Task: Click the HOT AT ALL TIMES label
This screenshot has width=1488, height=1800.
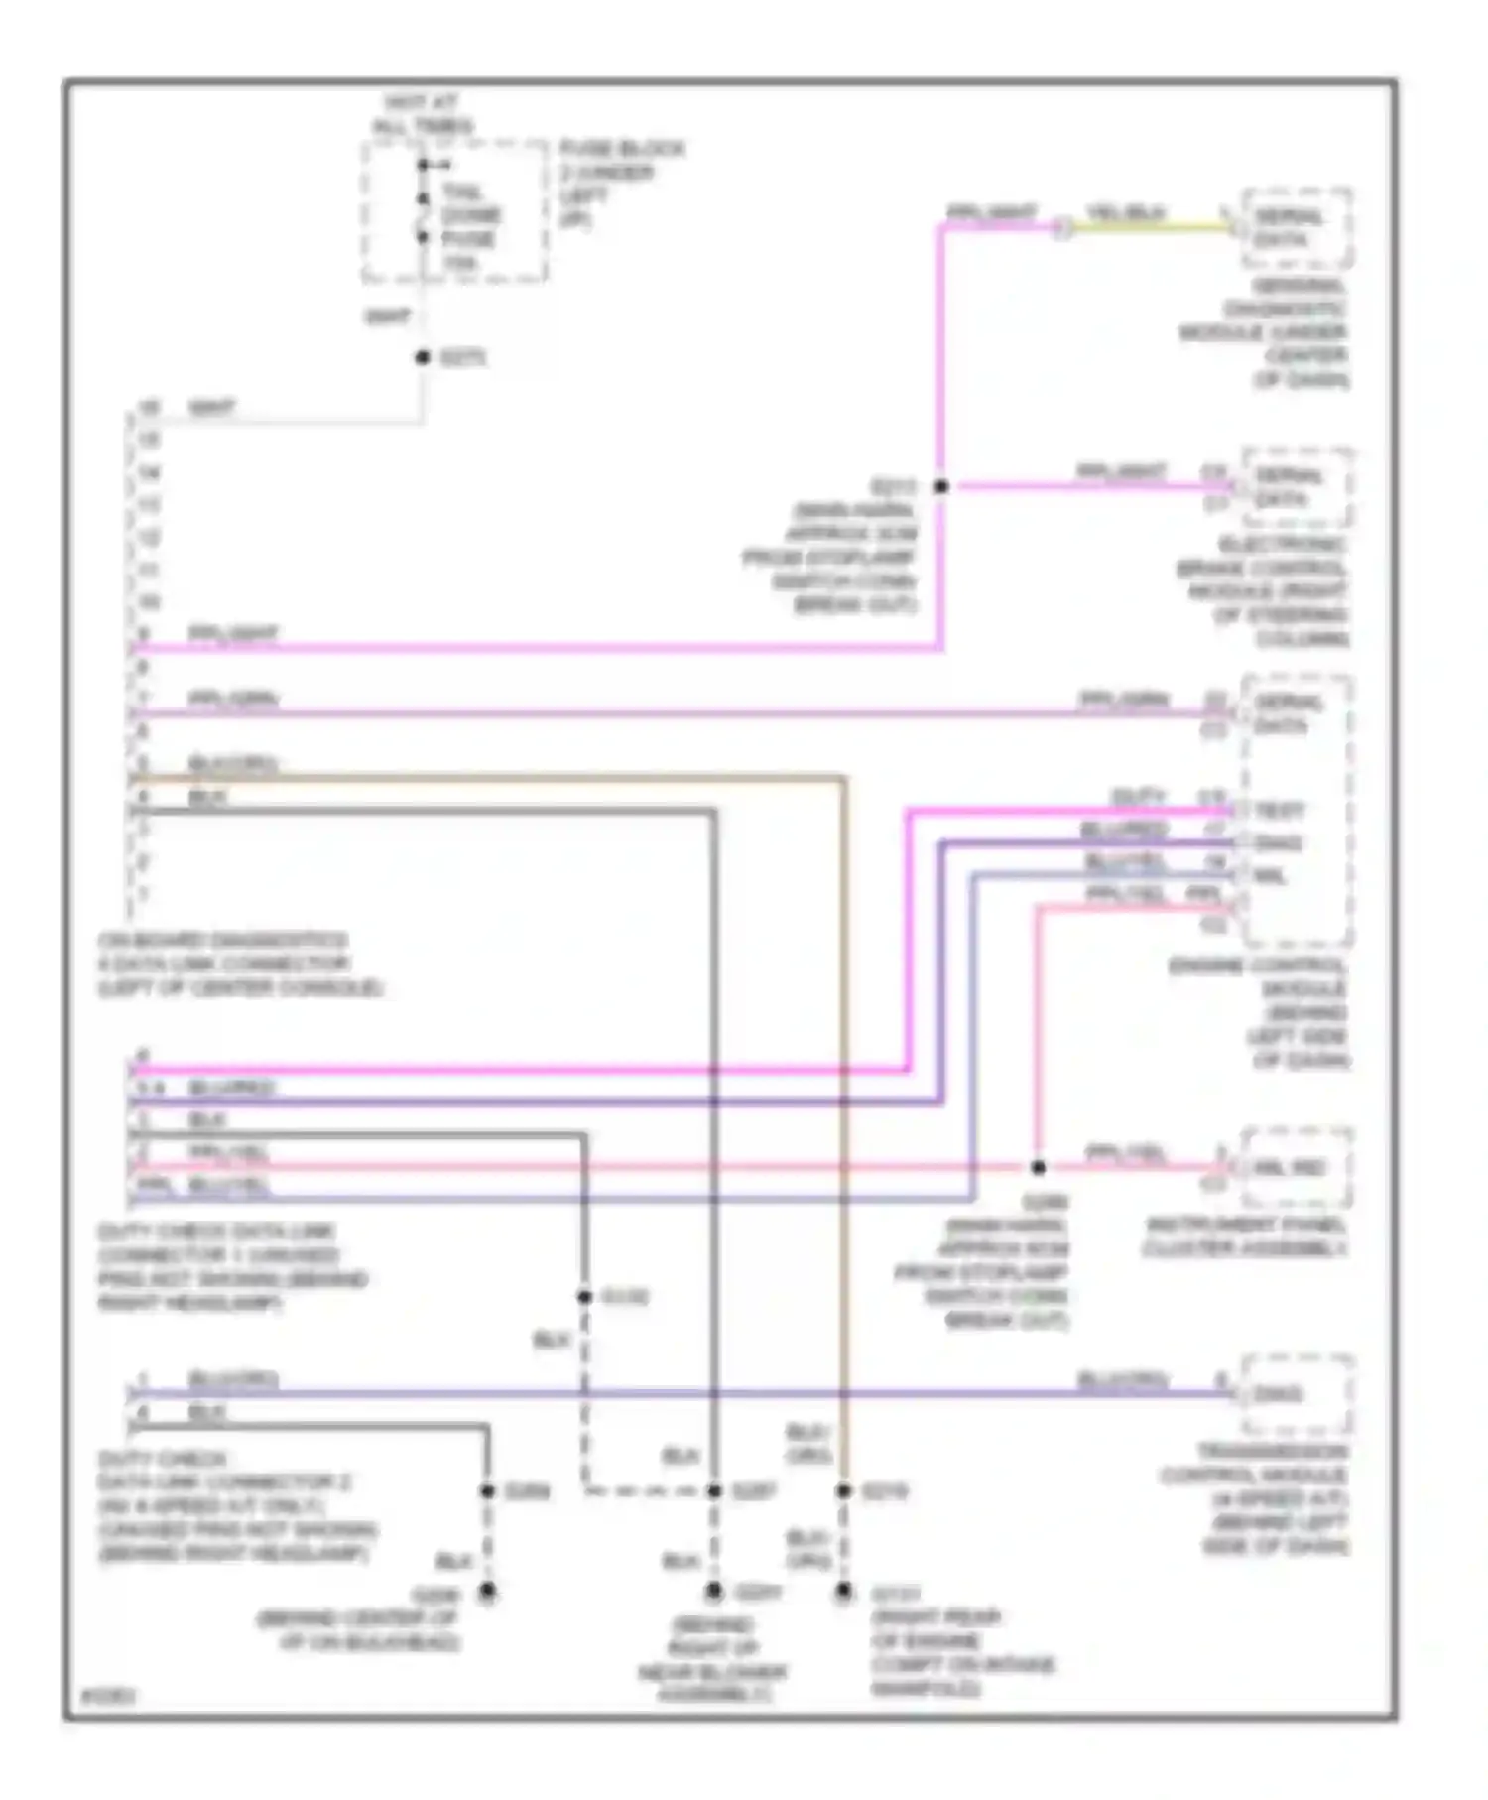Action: click(422, 114)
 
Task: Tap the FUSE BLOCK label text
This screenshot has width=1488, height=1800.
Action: click(621, 149)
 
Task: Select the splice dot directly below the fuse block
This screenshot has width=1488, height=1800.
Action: click(423, 357)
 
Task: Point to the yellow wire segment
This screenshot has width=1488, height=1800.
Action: click(1151, 227)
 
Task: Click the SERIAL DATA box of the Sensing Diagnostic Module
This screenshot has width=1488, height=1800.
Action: click(1296, 228)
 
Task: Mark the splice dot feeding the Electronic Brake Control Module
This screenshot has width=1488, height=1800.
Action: click(941, 486)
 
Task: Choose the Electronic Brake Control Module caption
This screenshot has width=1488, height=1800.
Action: click(1262, 591)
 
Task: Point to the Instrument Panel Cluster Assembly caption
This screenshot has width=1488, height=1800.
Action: click(1245, 1237)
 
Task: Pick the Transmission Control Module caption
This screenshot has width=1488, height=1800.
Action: click(1255, 1498)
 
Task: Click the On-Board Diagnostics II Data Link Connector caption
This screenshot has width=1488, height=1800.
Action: click(238, 964)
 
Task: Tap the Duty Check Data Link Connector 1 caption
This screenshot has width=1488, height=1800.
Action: click(232, 1267)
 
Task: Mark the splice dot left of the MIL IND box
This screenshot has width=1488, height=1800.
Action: click(1038, 1168)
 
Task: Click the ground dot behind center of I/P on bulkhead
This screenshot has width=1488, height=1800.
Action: click(487, 1592)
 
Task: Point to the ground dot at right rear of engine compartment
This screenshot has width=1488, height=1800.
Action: click(843, 1592)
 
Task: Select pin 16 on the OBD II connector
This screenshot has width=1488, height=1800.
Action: click(148, 407)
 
